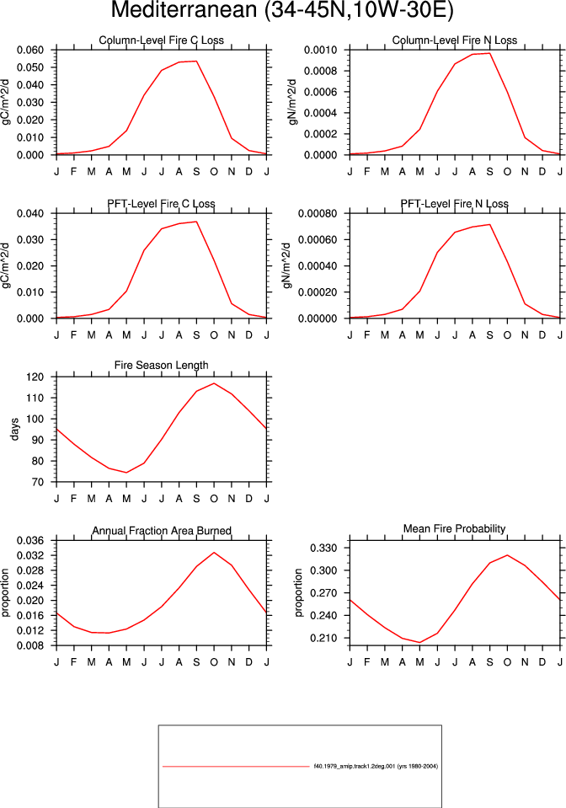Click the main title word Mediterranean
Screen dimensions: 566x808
point(184,10)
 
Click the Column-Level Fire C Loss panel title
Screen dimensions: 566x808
point(161,40)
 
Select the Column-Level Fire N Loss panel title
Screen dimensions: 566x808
point(455,40)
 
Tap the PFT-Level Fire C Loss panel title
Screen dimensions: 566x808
point(161,204)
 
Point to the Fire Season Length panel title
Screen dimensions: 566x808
point(161,366)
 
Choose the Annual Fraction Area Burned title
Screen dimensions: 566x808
point(162,531)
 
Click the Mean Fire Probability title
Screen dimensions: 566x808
point(455,529)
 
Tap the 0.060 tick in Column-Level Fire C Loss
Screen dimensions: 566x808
point(30,50)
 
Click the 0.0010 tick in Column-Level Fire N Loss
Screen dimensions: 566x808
point(320,50)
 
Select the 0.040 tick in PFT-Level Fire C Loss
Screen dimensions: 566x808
point(30,213)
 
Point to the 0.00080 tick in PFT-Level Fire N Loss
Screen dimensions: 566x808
point(318,213)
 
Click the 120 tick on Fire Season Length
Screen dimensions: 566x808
point(35,377)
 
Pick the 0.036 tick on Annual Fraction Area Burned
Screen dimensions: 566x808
point(30,541)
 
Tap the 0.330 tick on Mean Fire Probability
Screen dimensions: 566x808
point(323,548)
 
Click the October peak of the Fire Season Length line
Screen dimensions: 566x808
point(214,383)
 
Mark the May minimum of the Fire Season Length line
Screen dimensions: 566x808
point(126,473)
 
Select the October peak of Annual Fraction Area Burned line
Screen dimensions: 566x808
point(214,553)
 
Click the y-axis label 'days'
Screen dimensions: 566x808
point(14,429)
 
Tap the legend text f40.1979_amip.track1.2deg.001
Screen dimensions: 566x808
point(355,766)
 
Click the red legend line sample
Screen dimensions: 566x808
point(236,767)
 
